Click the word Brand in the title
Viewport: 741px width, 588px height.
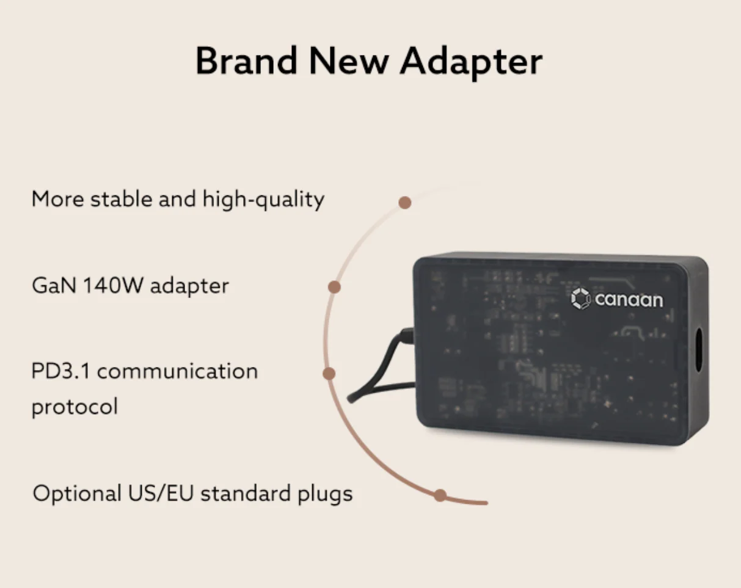(x=246, y=60)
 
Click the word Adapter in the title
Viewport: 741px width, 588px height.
(x=471, y=63)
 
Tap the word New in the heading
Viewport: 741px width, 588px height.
(x=349, y=60)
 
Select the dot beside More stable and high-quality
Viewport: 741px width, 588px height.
(x=405, y=203)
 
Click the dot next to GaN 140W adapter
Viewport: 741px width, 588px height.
(x=334, y=287)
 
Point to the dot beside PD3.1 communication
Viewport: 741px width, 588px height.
(x=329, y=373)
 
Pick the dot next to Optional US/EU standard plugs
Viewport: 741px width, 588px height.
(x=440, y=495)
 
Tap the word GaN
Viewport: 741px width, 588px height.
(x=54, y=285)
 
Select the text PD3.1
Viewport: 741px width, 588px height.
(x=60, y=371)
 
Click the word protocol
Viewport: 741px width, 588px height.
(x=75, y=407)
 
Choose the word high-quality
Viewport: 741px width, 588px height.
(x=263, y=199)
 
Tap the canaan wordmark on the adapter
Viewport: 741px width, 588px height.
(x=629, y=300)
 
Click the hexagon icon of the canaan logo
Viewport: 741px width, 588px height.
(x=581, y=299)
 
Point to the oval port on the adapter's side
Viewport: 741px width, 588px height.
(x=698, y=350)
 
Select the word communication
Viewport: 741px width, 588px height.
(x=177, y=371)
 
